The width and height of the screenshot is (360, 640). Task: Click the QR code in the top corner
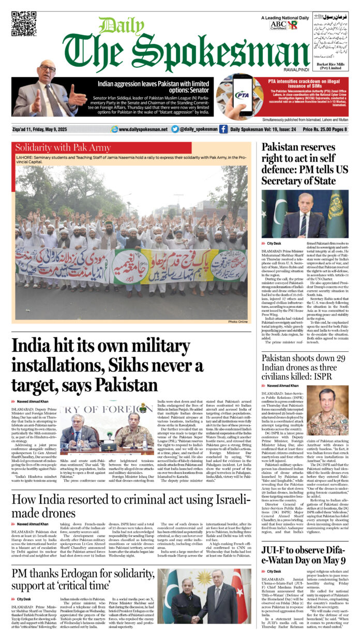coord(24,24)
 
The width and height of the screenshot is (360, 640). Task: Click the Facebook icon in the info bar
coord(223,129)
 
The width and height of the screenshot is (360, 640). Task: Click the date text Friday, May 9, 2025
coord(63,129)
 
